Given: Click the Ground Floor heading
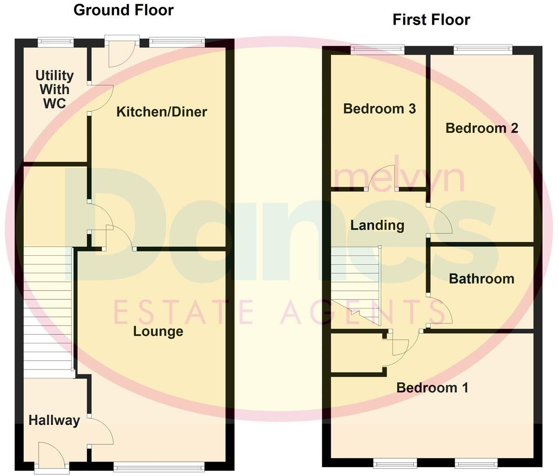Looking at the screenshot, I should tap(124, 10).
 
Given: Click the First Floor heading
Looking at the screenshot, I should tap(431, 20).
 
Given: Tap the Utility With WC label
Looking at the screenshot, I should tap(54, 89).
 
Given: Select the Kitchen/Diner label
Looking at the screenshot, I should tap(161, 112).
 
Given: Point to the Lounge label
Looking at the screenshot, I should tap(158, 331).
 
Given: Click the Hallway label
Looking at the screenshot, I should tap(54, 420).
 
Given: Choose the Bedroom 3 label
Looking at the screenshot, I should tap(379, 109).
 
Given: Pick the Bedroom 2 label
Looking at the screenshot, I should tap(482, 128).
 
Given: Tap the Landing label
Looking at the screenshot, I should tap(377, 225).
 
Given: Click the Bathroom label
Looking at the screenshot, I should tap(481, 279).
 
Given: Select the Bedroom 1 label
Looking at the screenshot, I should tap(432, 388).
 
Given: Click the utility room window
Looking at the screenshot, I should tap(55, 42).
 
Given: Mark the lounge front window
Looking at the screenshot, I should tap(159, 466).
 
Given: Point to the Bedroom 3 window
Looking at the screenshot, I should tap(377, 48).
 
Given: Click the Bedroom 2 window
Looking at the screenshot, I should tap(483, 48).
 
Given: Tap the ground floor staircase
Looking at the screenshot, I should tap(47, 311).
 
